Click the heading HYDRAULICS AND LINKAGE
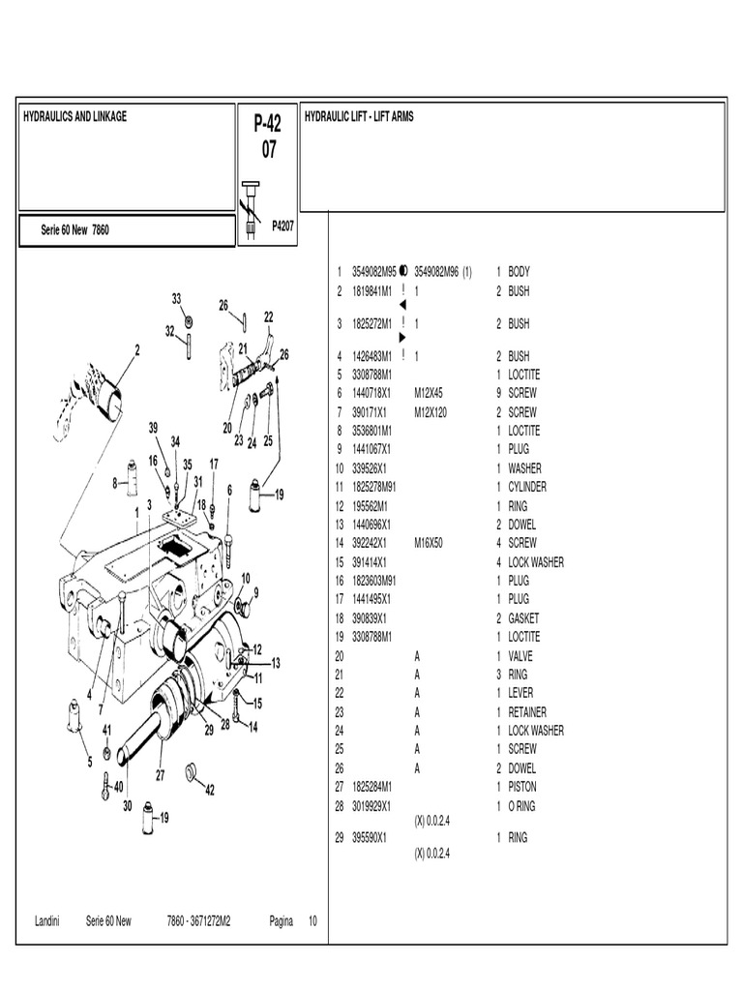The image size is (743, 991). click(74, 117)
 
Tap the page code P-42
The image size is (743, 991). click(268, 123)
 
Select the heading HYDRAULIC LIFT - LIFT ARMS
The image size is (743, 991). click(359, 117)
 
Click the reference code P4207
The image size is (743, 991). click(282, 225)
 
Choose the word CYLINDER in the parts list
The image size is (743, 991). click(527, 487)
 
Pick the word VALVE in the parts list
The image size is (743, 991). click(520, 656)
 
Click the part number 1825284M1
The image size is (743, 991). click(371, 787)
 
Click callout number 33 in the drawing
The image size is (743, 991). click(177, 298)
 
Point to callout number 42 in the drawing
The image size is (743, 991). click(210, 790)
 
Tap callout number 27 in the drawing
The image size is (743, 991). click(161, 774)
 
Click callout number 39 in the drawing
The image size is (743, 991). click(153, 427)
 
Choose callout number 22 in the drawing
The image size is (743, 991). click(268, 316)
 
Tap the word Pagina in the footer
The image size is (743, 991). click(282, 921)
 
